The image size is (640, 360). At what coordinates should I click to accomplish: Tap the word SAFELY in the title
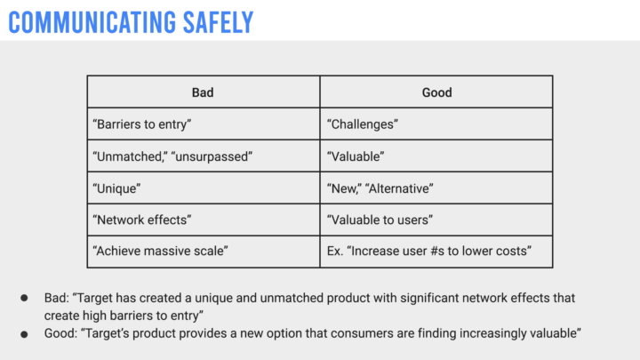click(219, 22)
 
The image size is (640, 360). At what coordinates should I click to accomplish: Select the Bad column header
click(203, 92)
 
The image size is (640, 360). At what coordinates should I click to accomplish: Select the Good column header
click(436, 92)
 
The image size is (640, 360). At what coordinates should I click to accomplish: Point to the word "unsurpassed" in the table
click(212, 156)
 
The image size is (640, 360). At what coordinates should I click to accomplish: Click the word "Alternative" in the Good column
click(399, 188)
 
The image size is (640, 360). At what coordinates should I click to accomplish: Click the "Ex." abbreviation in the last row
click(335, 251)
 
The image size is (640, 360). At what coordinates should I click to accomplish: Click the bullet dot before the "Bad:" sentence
click(25, 298)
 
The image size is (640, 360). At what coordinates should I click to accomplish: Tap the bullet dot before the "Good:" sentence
click(25, 335)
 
